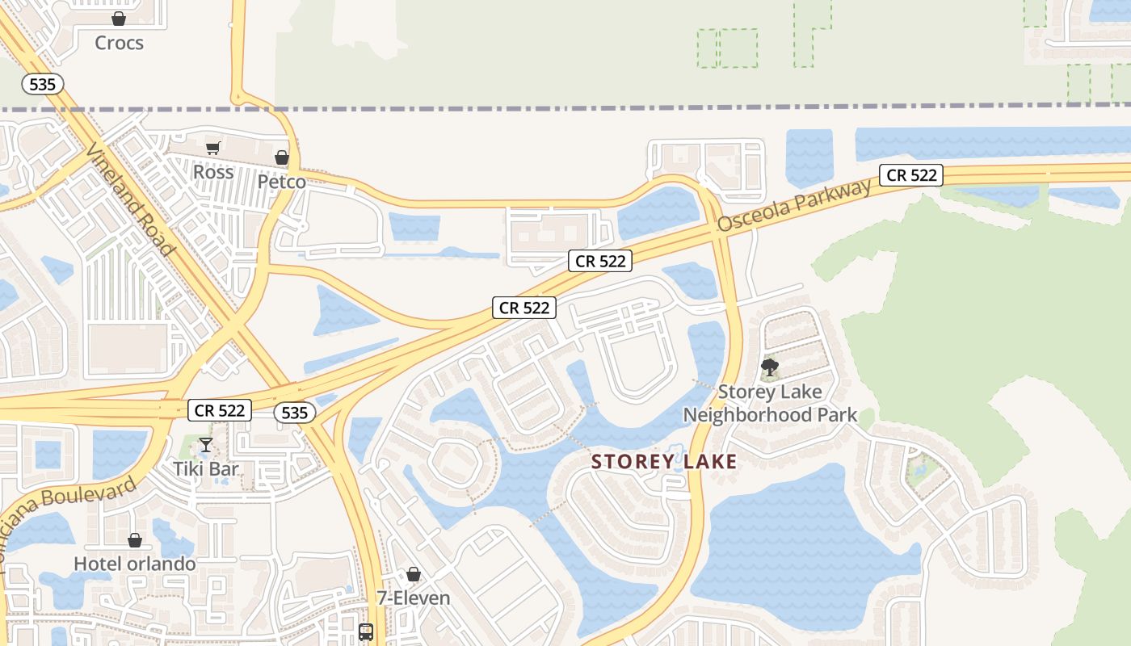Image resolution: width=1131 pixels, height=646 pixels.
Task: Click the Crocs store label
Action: pos(119,43)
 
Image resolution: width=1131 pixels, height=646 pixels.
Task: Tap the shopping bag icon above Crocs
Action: pos(119,19)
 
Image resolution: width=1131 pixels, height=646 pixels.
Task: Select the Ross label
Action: pos(213,172)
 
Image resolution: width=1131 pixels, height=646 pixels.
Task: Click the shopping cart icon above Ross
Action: pos(212,148)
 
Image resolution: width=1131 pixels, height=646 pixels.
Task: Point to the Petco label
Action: pos(282,182)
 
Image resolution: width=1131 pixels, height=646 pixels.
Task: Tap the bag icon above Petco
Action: pos(282,157)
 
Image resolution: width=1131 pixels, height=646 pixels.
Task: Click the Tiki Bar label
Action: pos(206,468)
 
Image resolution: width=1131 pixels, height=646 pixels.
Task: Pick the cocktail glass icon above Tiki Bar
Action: pos(206,444)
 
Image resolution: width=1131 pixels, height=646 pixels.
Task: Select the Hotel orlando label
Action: pos(135,563)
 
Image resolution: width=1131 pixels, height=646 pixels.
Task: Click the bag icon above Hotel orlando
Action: pos(135,539)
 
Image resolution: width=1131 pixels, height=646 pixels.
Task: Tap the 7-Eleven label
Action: pos(414,598)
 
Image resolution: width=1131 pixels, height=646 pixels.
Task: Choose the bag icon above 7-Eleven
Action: pos(414,574)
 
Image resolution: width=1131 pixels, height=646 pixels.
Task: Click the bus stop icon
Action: pos(366,631)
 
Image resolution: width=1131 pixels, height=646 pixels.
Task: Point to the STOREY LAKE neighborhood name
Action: pos(664,462)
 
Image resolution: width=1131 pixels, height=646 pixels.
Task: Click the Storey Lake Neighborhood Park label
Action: pos(770,404)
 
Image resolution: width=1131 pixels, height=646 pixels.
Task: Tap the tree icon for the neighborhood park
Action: pos(770,368)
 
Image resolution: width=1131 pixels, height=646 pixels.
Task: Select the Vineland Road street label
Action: pos(131,199)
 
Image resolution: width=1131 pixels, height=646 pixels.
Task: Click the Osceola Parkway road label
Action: pos(794,205)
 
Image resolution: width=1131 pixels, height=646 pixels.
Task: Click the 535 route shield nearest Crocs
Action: pos(43,84)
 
